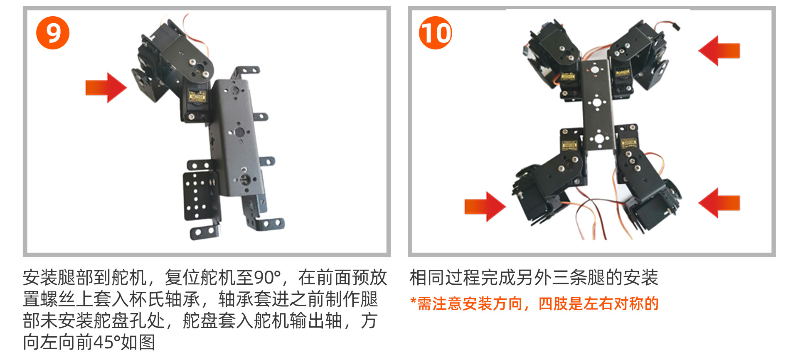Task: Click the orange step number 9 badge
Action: click(x=53, y=33)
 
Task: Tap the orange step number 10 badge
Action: click(x=436, y=33)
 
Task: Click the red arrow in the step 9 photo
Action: click(x=106, y=87)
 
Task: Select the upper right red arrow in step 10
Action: click(x=719, y=51)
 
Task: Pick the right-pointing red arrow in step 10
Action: click(x=485, y=206)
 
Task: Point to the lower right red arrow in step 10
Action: click(x=719, y=203)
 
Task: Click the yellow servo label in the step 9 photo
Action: click(x=197, y=96)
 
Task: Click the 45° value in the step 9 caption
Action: click(x=106, y=342)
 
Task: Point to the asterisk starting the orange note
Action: click(x=413, y=301)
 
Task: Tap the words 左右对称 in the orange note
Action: click(x=613, y=304)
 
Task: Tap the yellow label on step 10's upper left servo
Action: click(x=568, y=76)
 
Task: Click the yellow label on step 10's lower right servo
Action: click(x=628, y=144)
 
